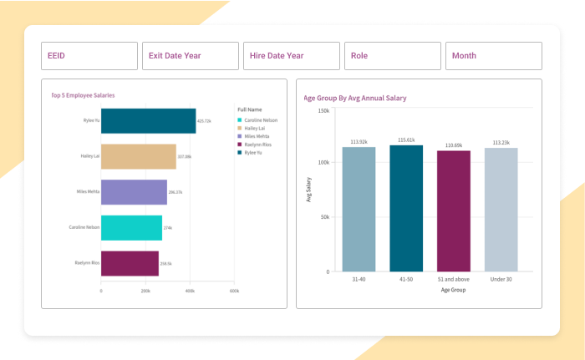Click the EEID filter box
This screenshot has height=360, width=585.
pyautogui.click(x=89, y=56)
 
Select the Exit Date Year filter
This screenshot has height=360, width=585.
pyautogui.click(x=191, y=56)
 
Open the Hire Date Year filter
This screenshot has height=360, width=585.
pyautogui.click(x=292, y=56)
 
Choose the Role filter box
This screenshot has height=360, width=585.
pyautogui.click(x=392, y=56)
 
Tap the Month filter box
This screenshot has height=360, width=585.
pyautogui.click(x=493, y=56)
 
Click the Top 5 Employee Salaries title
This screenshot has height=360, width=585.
pyautogui.click(x=83, y=95)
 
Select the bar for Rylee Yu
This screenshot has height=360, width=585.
pyautogui.click(x=148, y=120)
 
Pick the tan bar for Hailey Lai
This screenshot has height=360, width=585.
pyautogui.click(x=138, y=156)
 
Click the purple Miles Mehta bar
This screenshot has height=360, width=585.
pyautogui.click(x=134, y=192)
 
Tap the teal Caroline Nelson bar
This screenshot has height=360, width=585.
pyautogui.click(x=131, y=227)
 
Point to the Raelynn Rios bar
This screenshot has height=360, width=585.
pyautogui.click(x=130, y=263)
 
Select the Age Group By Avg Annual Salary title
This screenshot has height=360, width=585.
pyautogui.click(x=355, y=98)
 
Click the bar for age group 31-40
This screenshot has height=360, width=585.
pyautogui.click(x=359, y=209)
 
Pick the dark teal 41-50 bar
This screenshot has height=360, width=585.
pyautogui.click(x=406, y=208)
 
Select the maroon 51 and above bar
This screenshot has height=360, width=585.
pyautogui.click(x=454, y=210)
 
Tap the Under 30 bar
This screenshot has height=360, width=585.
pyautogui.click(x=501, y=209)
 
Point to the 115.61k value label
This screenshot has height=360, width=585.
pyautogui.click(x=406, y=140)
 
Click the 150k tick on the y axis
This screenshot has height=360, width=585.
pyautogui.click(x=323, y=109)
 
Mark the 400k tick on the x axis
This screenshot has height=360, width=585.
pyautogui.click(x=190, y=291)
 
